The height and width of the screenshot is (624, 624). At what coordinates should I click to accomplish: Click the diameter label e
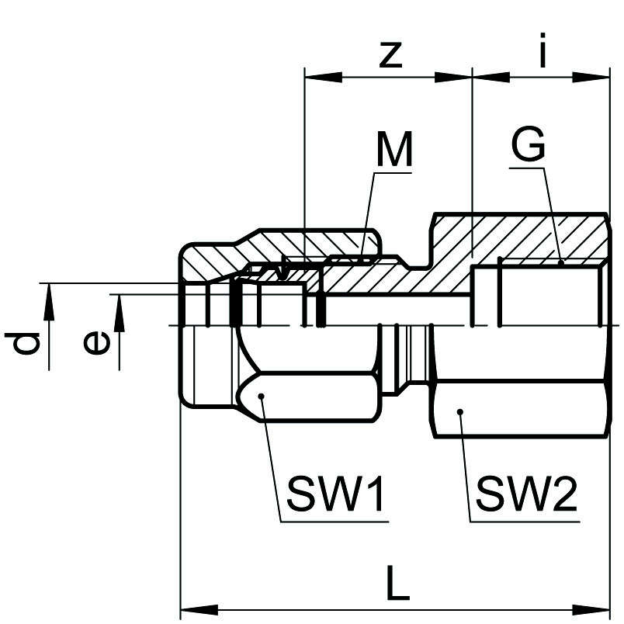click(x=96, y=342)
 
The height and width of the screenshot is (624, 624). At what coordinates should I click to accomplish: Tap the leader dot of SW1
click(x=263, y=397)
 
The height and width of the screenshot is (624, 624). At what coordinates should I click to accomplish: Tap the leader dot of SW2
click(x=460, y=411)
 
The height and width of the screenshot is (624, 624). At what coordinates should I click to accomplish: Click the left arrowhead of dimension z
click(x=318, y=77)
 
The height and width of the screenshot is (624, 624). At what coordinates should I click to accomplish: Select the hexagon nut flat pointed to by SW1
click(x=310, y=399)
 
